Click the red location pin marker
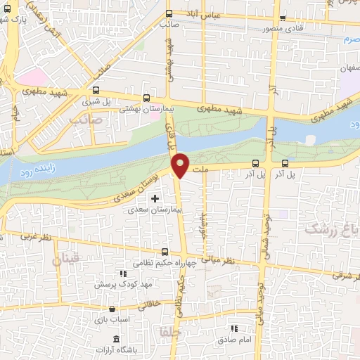coord(181,165)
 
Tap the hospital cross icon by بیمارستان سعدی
coord(155,199)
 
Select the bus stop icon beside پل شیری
coord(96,90)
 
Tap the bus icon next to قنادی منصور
coord(283,19)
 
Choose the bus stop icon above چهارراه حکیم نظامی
coord(165,252)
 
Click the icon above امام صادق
coord(234,328)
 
